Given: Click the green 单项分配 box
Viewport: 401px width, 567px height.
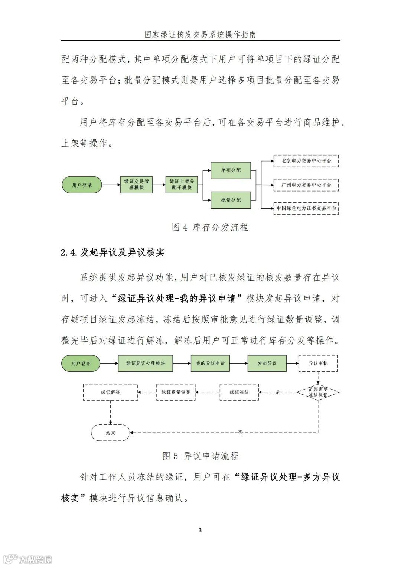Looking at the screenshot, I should [x=231, y=170].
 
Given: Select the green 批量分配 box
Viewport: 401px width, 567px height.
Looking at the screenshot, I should [x=231, y=200].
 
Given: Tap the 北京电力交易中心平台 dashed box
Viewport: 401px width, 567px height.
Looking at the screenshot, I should [x=306, y=161].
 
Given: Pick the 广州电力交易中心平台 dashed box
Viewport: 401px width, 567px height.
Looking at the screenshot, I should [x=306, y=185].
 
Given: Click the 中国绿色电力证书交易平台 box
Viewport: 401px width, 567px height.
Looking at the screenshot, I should [x=306, y=208].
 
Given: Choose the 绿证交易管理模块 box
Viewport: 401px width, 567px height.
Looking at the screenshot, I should [x=136, y=185].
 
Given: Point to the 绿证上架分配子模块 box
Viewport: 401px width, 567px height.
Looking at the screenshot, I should [x=182, y=185].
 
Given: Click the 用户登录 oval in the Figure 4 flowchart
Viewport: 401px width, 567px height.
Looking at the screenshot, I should [x=82, y=185].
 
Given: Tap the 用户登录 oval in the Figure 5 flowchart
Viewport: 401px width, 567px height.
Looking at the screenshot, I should [x=81, y=364].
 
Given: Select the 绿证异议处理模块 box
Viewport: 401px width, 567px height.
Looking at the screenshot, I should [x=146, y=363].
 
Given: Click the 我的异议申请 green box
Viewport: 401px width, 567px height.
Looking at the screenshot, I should [x=210, y=363].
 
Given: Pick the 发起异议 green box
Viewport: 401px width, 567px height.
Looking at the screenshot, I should [x=267, y=363].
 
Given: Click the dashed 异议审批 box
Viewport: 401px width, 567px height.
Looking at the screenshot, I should [x=318, y=363].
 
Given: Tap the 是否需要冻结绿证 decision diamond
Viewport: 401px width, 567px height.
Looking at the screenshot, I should [x=318, y=392].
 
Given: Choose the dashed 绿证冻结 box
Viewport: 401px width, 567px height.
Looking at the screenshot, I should [x=239, y=392].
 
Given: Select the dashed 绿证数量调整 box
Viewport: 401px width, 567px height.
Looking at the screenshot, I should [x=176, y=392].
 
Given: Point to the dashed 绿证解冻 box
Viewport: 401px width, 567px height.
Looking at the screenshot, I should [x=111, y=392].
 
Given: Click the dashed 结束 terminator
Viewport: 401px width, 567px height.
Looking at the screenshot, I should [x=111, y=433].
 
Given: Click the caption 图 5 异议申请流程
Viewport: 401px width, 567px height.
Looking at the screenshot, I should [x=200, y=456].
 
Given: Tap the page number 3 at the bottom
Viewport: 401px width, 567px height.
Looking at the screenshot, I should [x=200, y=530].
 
